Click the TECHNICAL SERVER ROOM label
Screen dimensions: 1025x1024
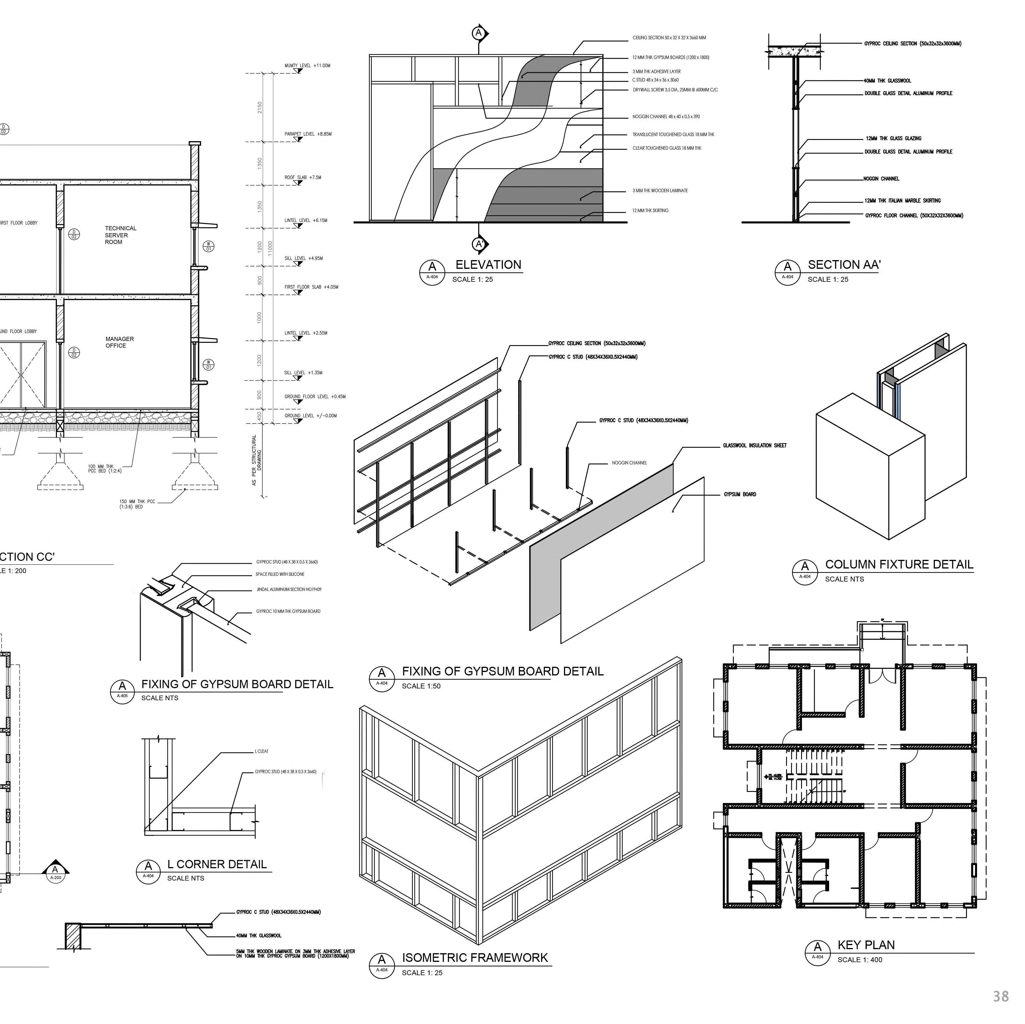120,235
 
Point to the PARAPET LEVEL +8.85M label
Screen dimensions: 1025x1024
308,134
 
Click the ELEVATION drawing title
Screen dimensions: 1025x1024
488,265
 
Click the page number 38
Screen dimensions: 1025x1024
1001,996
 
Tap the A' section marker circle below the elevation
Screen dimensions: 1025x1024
479,244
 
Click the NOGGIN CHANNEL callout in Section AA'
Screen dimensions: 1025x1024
881,179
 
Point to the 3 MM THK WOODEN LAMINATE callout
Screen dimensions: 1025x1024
660,190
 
